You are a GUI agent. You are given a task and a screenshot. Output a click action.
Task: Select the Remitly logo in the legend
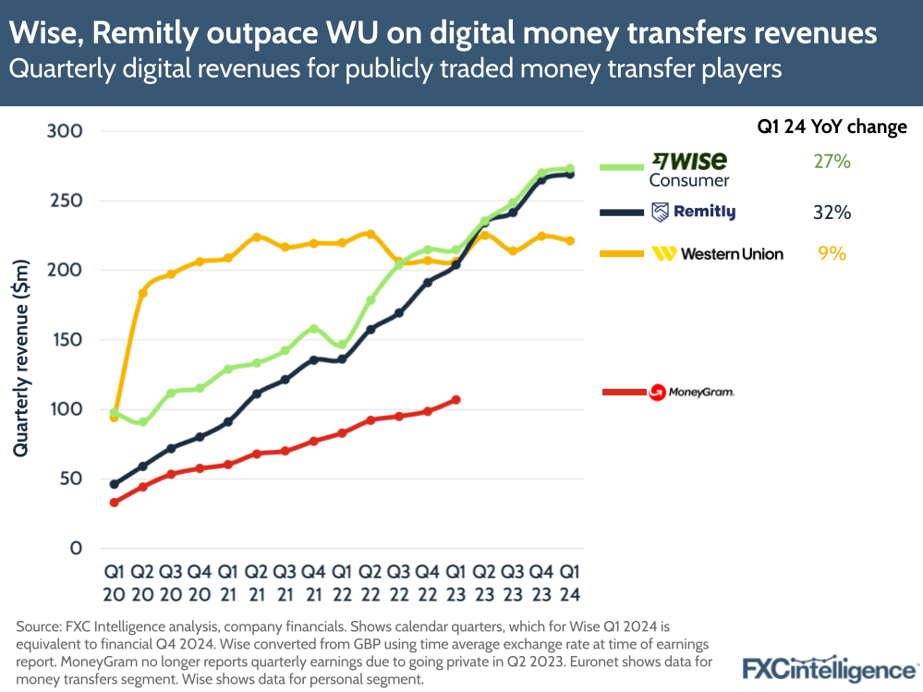(x=693, y=212)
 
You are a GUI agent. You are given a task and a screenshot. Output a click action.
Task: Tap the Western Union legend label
(x=718, y=253)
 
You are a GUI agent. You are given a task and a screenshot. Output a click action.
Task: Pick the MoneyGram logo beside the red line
(x=692, y=393)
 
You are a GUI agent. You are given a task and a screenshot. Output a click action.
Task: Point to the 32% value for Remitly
(x=832, y=212)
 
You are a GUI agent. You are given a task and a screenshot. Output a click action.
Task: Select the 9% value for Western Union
(x=832, y=252)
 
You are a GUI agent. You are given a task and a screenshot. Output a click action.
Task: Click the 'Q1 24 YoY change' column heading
(x=832, y=127)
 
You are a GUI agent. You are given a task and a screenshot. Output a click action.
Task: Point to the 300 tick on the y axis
(x=65, y=131)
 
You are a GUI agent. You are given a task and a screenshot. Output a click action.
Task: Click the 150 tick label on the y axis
(x=65, y=340)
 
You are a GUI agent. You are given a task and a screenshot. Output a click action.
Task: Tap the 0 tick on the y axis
(x=78, y=548)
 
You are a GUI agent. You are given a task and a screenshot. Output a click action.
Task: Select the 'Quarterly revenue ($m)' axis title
(x=21, y=358)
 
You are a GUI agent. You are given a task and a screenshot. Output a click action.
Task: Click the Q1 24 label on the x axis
(x=570, y=581)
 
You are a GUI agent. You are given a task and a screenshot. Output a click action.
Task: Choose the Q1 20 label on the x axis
(x=114, y=581)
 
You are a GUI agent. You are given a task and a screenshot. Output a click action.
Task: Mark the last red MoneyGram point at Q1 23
(x=455, y=400)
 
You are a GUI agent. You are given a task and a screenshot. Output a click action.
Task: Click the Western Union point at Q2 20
(x=143, y=293)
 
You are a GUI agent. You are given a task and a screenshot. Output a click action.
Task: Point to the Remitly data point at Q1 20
(x=114, y=484)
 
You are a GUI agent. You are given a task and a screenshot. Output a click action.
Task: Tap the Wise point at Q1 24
(x=570, y=168)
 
